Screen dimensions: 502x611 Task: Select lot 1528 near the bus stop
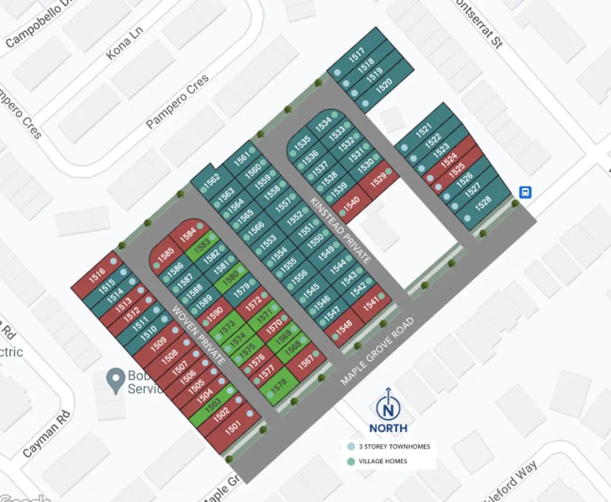tap(483, 202)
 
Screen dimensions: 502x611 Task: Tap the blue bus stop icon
tap(525, 192)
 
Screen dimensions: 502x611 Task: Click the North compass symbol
tap(388, 409)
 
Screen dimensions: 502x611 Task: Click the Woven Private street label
tap(199, 334)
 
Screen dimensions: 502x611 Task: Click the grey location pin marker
tap(115, 381)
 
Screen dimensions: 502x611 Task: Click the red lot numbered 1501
tap(233, 427)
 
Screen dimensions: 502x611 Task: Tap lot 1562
tap(212, 180)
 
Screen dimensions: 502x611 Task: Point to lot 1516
tap(97, 275)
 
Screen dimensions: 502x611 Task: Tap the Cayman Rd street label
tap(46, 433)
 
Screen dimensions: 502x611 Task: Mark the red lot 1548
tap(344, 329)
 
